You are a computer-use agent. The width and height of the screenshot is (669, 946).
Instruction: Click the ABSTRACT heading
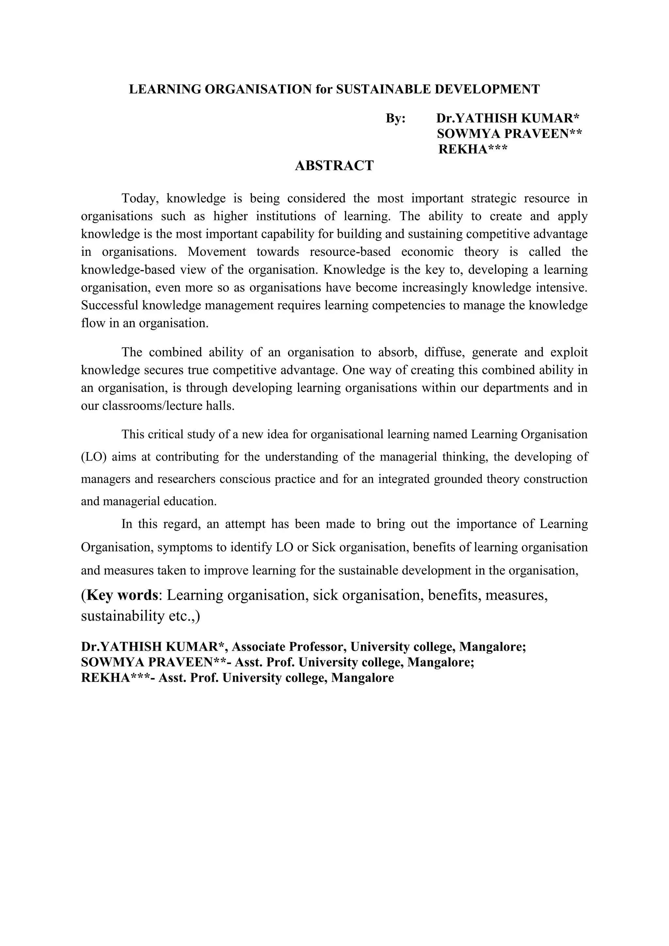334,166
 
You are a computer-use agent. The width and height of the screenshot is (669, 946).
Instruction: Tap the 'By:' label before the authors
396,118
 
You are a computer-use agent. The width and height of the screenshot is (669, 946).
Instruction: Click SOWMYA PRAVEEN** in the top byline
509,134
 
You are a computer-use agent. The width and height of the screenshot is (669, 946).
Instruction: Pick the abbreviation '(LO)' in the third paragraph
93,457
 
